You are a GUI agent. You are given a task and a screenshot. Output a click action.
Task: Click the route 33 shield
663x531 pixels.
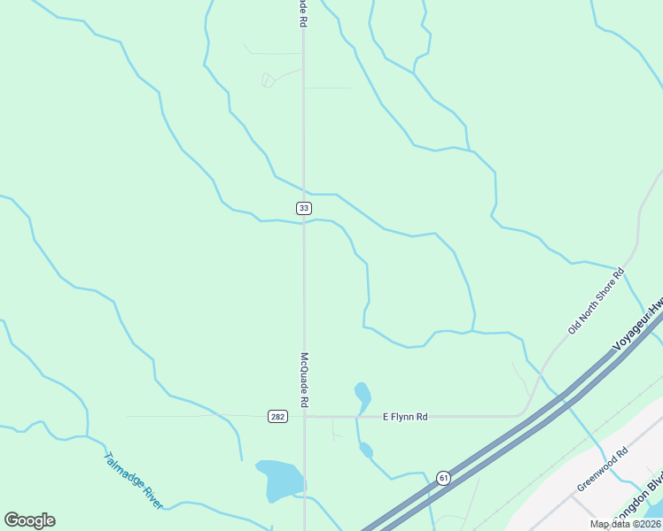point(304,208)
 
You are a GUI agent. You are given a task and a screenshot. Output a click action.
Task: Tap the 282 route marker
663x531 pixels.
point(277,416)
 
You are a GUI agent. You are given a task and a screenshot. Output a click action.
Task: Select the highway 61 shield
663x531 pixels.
point(443,478)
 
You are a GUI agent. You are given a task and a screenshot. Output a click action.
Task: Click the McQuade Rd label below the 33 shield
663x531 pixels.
point(304,381)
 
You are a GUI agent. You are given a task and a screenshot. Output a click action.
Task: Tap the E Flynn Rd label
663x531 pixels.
point(405,416)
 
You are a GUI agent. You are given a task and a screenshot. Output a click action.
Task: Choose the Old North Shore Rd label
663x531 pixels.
point(597,302)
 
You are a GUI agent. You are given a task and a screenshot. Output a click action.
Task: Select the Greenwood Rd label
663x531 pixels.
point(602,469)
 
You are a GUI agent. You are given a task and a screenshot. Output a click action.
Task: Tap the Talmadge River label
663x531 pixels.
point(133,481)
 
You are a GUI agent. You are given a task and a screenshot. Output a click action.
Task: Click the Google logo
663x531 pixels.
point(30,520)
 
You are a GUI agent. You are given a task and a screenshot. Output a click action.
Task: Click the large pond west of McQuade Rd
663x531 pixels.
point(279,479)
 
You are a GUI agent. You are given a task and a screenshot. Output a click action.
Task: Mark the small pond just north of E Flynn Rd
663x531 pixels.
point(363,394)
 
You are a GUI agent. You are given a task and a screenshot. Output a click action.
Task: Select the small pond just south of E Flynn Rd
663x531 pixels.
point(366,450)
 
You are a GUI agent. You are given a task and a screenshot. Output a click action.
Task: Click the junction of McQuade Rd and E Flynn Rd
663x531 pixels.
point(304,416)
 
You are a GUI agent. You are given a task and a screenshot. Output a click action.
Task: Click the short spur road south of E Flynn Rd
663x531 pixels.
point(333,428)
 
